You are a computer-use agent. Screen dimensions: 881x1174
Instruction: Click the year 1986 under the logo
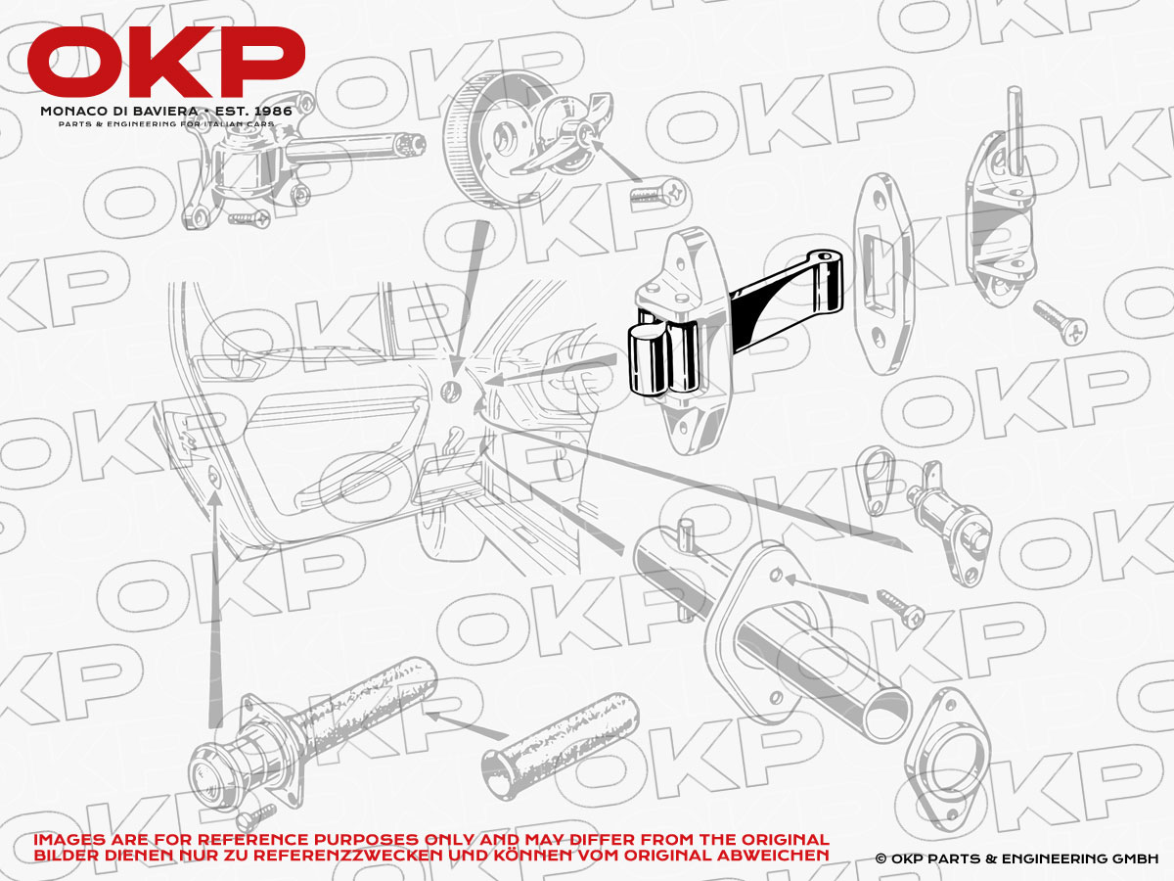[269, 111]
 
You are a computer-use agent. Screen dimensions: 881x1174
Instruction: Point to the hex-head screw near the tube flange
[901, 606]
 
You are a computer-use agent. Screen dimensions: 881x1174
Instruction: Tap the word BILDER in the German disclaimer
[64, 856]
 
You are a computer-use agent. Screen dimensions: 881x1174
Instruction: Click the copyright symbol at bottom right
[880, 858]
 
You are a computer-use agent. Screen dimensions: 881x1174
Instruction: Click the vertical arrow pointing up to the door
[214, 587]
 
